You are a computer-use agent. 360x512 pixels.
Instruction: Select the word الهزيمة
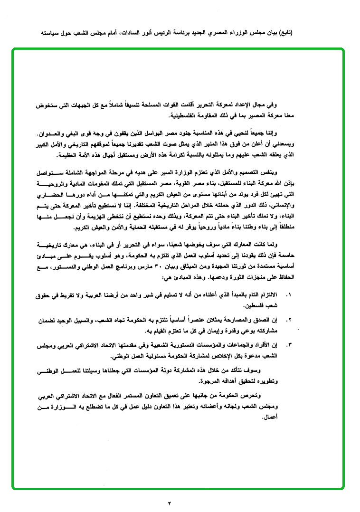point(107,218)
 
